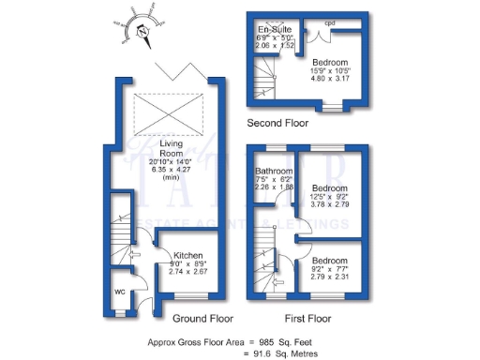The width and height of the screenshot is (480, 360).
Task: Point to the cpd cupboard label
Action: [x=329, y=22]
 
